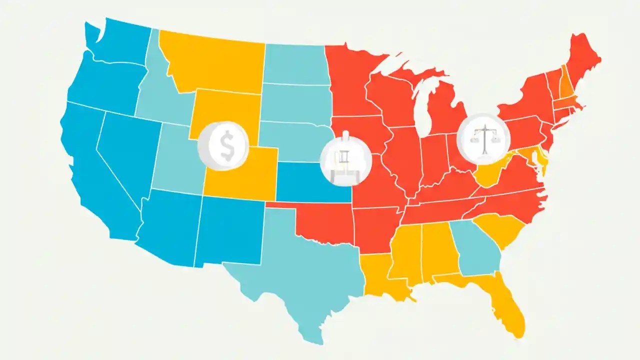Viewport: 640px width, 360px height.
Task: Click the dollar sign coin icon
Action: [x=223, y=145]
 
